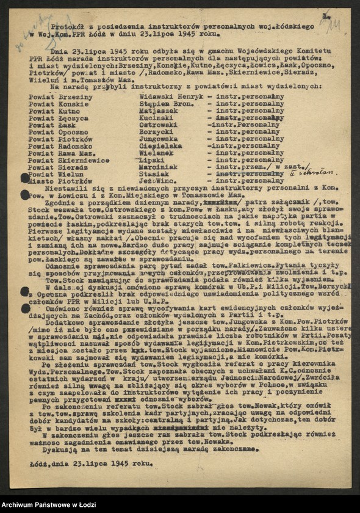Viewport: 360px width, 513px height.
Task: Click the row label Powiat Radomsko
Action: point(58,146)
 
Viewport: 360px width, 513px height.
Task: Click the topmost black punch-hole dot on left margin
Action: point(25,178)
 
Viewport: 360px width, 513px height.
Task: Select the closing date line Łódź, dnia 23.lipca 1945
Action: point(92,463)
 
